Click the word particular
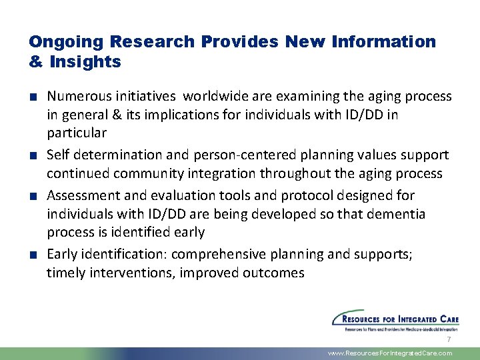tap(77, 133)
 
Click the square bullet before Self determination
tap(33, 155)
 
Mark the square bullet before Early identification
tap(33, 255)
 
